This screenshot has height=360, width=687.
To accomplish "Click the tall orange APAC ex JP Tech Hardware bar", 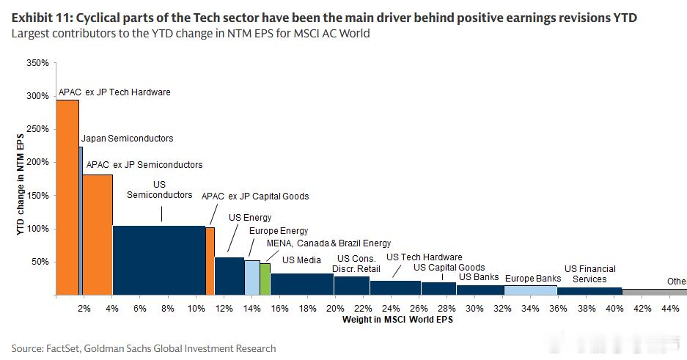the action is pos(67,197).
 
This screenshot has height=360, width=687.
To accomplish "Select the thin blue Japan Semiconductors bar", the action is pos(81,221).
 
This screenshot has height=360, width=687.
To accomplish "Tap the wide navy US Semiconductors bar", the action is pos(159,260).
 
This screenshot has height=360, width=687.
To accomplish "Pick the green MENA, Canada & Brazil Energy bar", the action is pos(265,279).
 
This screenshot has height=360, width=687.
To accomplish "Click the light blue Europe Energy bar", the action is pos(252,278).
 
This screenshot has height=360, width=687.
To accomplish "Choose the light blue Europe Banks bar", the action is pos(531,290).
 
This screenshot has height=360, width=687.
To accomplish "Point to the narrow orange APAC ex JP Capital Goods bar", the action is pos(210,261).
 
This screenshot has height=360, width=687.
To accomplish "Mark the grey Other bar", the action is pos(655,292).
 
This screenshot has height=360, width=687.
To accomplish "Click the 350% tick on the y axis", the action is pos(55,63).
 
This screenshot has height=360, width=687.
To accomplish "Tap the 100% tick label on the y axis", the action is pos(37,229).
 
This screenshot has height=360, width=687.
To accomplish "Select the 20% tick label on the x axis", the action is pos(335,309).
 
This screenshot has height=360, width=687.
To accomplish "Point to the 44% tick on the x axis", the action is pos(670,297).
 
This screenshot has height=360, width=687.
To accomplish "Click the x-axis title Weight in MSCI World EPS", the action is pos(397,320).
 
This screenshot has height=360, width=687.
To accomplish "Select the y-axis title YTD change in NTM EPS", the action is pos(20,184).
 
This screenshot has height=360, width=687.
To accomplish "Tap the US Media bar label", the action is pos(301,260).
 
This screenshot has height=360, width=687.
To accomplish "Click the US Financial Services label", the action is pos(589,274).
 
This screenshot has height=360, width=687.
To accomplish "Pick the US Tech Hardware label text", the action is pos(424,257).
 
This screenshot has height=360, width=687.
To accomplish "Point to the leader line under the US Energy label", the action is pos(233,238).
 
